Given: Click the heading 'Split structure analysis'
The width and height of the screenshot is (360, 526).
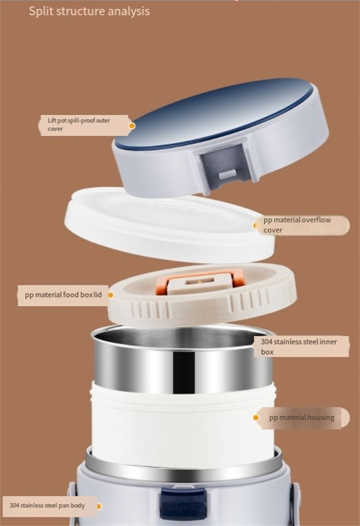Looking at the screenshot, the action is [x=89, y=11].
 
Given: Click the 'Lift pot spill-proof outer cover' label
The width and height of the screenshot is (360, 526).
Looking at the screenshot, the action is [x=79, y=125].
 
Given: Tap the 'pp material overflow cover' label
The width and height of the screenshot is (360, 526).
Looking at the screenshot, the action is [x=297, y=225].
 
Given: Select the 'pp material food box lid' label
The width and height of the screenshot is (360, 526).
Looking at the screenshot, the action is [x=63, y=295].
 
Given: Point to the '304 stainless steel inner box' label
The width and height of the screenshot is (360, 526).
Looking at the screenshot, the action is [x=299, y=346].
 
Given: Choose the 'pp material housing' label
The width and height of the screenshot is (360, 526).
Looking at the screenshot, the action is [x=302, y=418].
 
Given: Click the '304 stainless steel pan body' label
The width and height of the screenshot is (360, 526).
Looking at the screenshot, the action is [x=47, y=505].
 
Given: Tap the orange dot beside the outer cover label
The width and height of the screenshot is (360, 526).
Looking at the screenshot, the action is [x=132, y=126].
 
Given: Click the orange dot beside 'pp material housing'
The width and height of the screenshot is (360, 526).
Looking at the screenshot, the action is [x=256, y=418].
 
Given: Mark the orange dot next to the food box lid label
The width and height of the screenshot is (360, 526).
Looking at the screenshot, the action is [x=111, y=295].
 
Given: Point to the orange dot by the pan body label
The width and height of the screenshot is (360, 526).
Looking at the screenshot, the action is [x=99, y=506].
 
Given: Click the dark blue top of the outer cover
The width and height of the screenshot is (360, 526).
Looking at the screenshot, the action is [x=214, y=113].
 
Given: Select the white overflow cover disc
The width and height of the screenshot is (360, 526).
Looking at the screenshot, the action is [x=168, y=225].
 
